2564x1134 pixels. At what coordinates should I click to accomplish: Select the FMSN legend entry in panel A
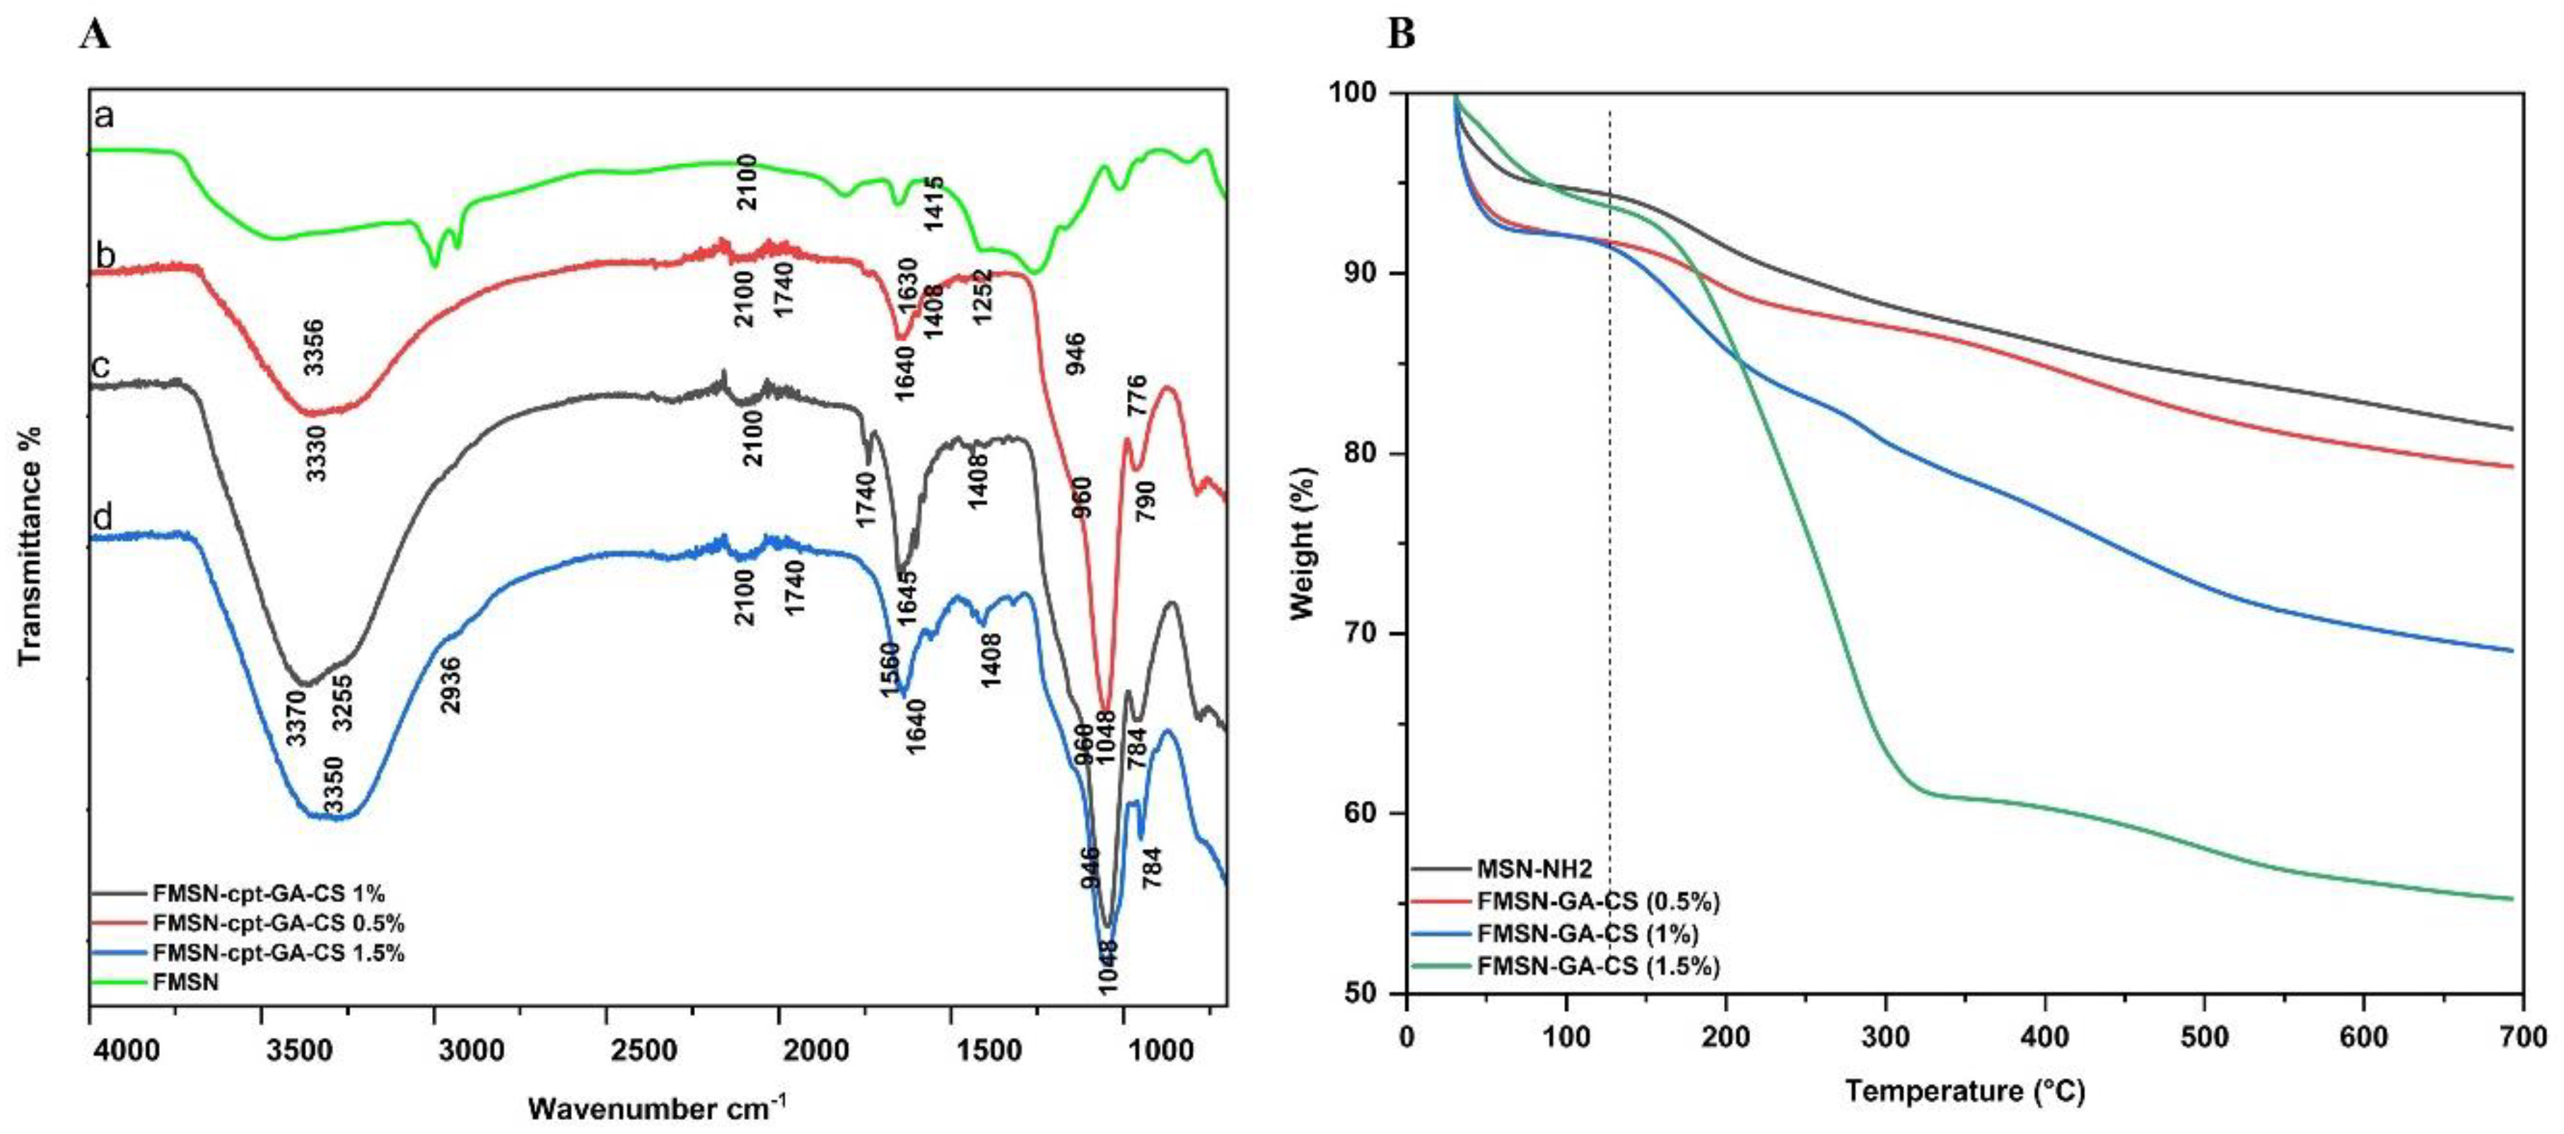pos(185,983)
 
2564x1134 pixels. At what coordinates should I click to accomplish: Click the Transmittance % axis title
pos(31,545)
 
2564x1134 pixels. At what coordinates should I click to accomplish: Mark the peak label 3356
pos(315,347)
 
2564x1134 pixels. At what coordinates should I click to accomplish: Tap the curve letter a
pos(103,117)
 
